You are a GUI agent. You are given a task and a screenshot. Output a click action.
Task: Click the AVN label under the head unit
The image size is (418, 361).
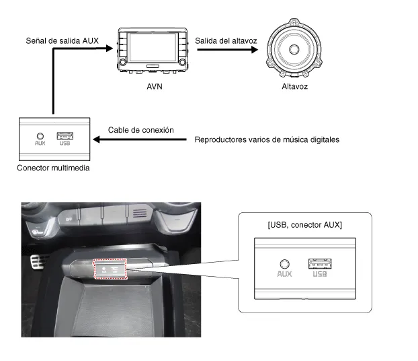click(x=155, y=86)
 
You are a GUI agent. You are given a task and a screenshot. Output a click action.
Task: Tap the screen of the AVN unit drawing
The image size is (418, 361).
click(x=153, y=48)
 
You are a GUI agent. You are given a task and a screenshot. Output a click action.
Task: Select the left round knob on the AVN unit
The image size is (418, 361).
click(x=123, y=62)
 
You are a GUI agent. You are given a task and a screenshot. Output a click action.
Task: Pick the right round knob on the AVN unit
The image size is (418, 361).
click(x=183, y=62)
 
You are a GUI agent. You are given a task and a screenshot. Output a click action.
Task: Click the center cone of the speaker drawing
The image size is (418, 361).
click(x=294, y=49)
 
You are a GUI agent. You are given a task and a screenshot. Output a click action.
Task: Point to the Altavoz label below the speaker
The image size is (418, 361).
click(x=294, y=86)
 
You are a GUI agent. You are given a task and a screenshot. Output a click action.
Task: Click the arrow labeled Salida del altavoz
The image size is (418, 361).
click(x=227, y=49)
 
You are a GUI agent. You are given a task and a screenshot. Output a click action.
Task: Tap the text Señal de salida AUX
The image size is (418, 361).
click(x=62, y=40)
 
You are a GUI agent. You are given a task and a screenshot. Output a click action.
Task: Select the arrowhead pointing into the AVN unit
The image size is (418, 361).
click(x=110, y=48)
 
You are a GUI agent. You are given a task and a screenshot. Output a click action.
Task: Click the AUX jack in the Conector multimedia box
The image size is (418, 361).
click(x=40, y=136)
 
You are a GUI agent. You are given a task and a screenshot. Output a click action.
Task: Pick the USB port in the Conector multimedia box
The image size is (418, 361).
click(x=65, y=136)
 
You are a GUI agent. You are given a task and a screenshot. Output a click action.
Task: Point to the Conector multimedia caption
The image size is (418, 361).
click(x=53, y=168)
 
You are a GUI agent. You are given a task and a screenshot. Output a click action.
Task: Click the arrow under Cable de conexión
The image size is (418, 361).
click(x=140, y=139)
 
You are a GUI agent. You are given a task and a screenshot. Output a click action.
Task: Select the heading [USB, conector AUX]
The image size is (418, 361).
click(x=304, y=225)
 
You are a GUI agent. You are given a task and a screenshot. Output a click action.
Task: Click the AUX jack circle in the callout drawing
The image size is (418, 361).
click(x=285, y=264)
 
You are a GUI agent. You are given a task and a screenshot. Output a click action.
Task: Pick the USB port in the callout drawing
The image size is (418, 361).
click(x=320, y=264)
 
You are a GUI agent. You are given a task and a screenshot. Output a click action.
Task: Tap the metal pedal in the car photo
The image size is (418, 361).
click(x=37, y=262)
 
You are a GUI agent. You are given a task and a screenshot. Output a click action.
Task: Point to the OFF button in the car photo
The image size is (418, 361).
click(x=69, y=219)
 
